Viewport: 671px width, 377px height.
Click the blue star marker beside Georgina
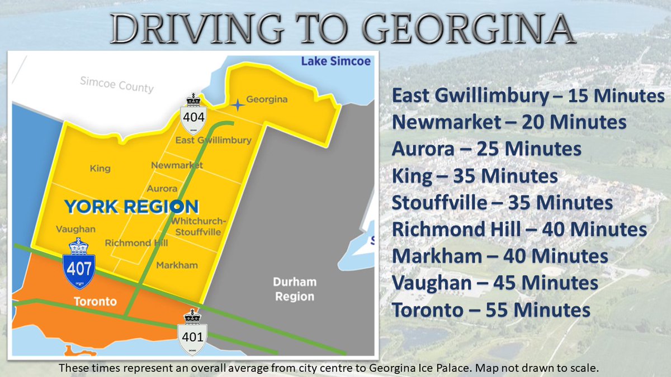237,104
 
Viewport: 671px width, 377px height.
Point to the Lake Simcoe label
335,61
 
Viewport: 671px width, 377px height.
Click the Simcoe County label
116,85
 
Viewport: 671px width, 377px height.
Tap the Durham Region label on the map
295,289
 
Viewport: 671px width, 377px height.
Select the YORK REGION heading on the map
131,207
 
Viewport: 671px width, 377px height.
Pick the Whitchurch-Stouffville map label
199,226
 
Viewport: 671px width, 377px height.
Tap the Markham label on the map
177,265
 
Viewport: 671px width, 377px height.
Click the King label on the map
100,168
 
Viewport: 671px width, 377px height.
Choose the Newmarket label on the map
177,165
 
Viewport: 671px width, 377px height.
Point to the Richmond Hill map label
136,243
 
